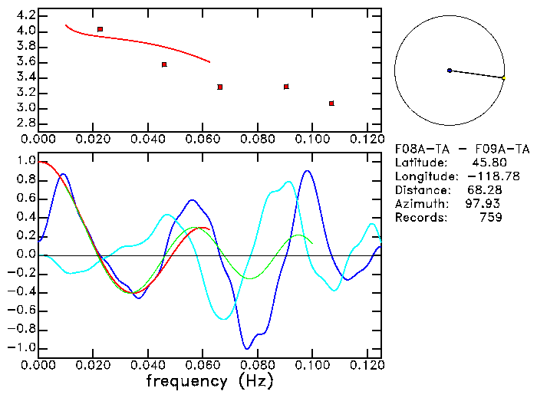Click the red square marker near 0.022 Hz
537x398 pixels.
[100, 29]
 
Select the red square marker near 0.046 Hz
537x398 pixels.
[164, 64]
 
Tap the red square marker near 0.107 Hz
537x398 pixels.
[331, 104]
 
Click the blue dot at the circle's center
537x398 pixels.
[450, 71]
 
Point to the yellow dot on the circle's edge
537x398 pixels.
[503, 77]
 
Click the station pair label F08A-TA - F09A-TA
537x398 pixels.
[462, 149]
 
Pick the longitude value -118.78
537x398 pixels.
[481, 176]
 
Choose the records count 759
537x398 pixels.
[491, 218]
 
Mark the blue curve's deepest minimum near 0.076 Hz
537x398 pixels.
[246, 348]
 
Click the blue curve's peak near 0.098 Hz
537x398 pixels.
[308, 171]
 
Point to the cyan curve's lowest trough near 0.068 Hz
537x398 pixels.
[224, 319]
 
